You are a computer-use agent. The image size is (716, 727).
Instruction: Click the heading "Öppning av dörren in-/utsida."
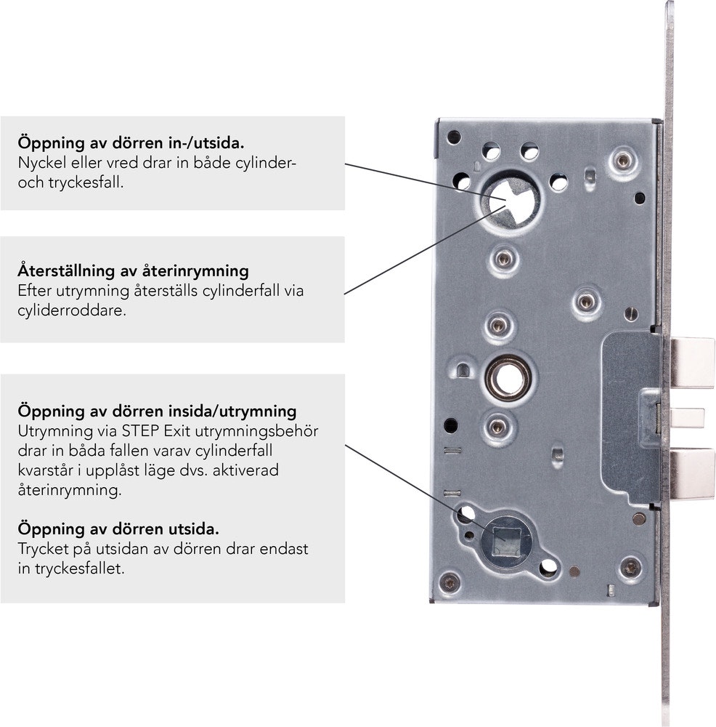click(x=131, y=142)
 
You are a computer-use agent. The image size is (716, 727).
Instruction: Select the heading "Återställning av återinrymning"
click(x=134, y=270)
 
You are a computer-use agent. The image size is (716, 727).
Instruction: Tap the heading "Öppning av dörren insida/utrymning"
click(x=157, y=411)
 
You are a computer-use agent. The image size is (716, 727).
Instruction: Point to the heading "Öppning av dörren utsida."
click(x=118, y=529)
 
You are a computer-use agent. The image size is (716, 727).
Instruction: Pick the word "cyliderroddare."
click(x=72, y=310)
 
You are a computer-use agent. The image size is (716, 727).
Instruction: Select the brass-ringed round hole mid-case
click(x=508, y=378)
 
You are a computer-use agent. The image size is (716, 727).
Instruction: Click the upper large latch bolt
click(x=692, y=363)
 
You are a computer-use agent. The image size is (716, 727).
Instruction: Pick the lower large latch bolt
click(x=692, y=473)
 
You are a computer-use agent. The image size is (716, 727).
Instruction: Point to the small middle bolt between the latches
click(x=687, y=418)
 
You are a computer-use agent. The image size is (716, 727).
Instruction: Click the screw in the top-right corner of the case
click(x=622, y=161)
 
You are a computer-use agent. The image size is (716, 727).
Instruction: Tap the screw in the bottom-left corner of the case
click(x=449, y=582)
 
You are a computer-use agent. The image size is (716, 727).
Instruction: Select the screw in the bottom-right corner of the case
click(x=630, y=568)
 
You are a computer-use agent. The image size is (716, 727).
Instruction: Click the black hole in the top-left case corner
click(x=453, y=137)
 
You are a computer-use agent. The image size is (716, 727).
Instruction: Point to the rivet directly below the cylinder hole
click(x=504, y=259)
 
